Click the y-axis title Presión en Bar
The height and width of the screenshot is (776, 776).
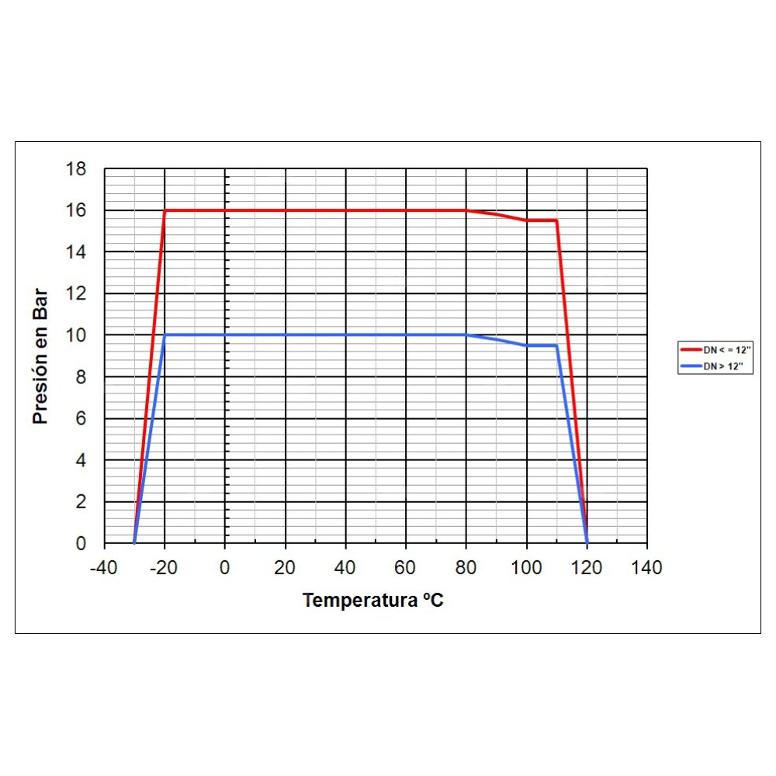[40, 356]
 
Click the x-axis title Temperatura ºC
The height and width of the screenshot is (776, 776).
[373, 600]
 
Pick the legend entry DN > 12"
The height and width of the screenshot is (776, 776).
[715, 366]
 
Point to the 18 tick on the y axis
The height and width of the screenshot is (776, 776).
[78, 169]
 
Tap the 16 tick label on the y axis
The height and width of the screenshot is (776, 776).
[78, 211]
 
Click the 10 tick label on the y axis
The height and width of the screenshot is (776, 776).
[78, 335]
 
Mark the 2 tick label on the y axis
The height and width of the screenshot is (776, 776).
[81, 502]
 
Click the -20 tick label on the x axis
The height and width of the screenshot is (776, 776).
[164, 568]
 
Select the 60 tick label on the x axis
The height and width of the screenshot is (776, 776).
[406, 568]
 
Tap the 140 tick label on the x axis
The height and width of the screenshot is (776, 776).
[646, 568]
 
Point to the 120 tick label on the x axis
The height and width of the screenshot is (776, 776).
[587, 568]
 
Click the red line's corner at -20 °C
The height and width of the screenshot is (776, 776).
[165, 210]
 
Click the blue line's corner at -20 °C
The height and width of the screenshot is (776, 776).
[165, 335]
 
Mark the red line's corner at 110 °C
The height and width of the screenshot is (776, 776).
[556, 220]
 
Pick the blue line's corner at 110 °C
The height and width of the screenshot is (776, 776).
[556, 345]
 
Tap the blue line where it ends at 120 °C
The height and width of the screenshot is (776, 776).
[587, 542]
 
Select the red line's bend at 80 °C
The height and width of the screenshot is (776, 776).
[466, 210]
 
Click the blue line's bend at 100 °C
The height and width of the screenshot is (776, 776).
[527, 345]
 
